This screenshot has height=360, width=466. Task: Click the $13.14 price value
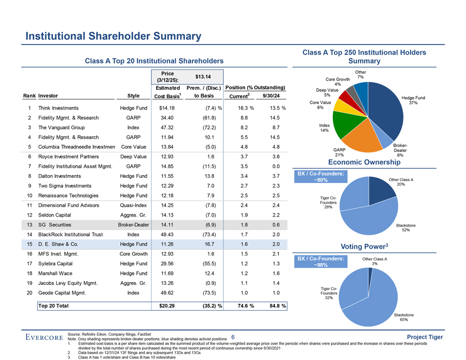click(203, 76)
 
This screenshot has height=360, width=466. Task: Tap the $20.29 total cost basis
click(164, 305)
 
